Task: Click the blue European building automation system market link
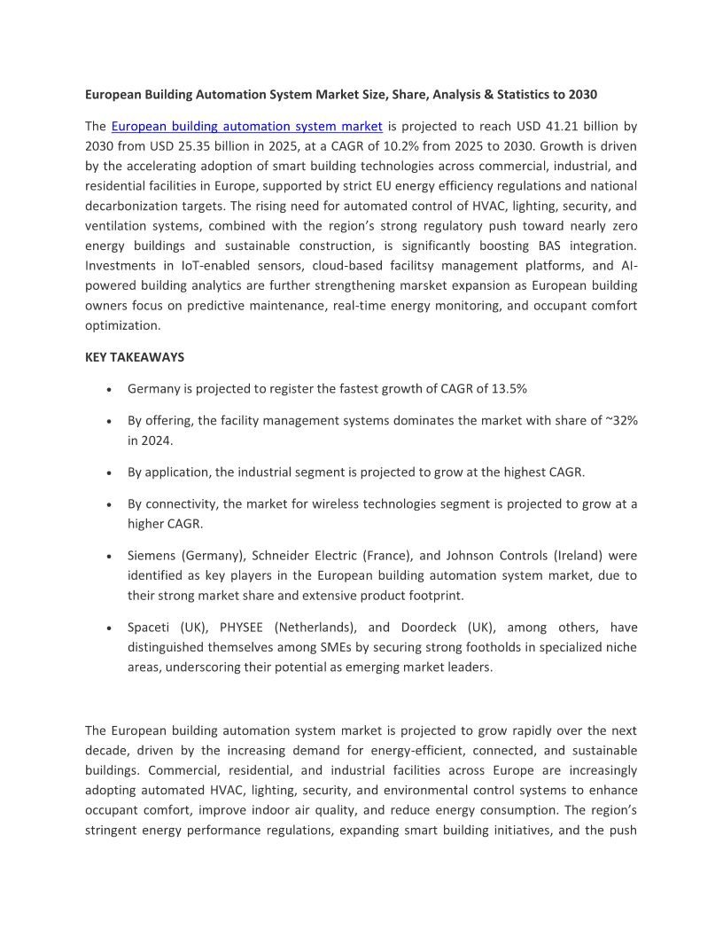click(246, 127)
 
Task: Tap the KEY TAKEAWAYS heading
click(135, 357)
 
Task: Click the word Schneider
click(284, 556)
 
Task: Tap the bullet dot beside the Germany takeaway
click(108, 390)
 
